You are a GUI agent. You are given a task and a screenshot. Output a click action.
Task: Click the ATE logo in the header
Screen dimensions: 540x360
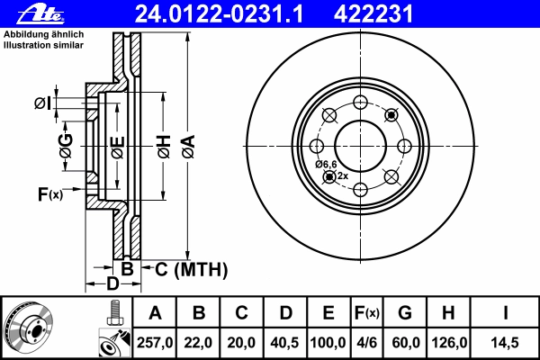[40, 14]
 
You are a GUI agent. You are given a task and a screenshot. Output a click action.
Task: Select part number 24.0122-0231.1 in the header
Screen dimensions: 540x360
[219, 14]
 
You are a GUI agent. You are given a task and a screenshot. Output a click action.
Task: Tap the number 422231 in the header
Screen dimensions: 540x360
[373, 14]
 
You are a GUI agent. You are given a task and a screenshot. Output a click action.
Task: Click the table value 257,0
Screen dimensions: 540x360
[155, 343]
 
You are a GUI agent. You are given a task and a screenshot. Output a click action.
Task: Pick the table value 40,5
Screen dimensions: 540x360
[284, 343]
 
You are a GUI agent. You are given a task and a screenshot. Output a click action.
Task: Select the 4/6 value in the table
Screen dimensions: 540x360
[367, 343]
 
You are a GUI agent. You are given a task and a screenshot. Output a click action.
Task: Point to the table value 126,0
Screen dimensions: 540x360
[449, 343]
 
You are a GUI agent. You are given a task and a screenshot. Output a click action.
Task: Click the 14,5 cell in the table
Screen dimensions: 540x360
[505, 343]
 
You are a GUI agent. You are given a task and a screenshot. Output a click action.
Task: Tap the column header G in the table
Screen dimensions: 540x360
[405, 312]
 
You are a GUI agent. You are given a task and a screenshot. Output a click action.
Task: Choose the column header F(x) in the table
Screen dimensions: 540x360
[367, 313]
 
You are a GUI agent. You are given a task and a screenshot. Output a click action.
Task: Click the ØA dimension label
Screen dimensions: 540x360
[189, 147]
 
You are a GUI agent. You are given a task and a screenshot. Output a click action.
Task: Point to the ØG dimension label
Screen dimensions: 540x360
[66, 146]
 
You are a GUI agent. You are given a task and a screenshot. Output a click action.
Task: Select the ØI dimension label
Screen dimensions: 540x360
[42, 103]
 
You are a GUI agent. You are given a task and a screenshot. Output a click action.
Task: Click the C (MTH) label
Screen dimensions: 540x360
[191, 269]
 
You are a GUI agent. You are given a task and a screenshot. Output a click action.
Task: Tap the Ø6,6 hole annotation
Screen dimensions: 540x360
[326, 165]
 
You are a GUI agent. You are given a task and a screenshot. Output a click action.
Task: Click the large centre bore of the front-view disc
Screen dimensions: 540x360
[360, 146]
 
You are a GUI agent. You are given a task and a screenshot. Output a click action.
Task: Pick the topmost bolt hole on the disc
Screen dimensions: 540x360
[360, 103]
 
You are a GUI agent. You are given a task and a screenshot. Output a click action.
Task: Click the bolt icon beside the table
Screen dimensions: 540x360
[115, 312]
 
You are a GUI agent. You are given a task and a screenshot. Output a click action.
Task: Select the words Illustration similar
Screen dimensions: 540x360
[43, 45]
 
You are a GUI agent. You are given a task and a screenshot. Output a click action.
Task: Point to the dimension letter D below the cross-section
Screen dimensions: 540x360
[112, 283]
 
